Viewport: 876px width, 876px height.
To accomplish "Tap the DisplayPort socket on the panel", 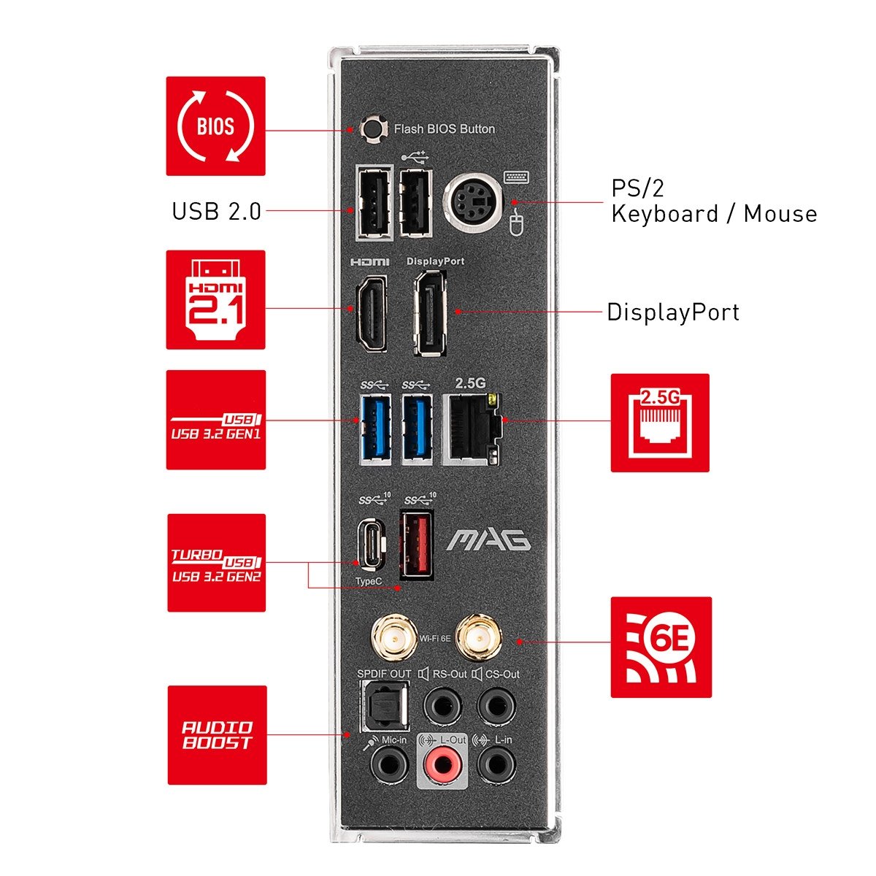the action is (430, 313).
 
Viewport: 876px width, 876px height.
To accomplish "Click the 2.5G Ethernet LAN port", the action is (472, 429).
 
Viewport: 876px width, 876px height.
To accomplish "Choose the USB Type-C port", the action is (371, 544).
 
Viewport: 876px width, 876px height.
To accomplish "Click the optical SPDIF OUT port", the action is (384, 707).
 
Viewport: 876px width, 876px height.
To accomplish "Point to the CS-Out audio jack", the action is (496, 707).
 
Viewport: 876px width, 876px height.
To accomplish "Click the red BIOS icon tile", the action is (215, 126).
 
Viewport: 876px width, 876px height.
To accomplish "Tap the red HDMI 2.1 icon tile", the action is (215, 299).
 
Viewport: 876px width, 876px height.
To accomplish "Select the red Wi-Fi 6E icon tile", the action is (661, 648).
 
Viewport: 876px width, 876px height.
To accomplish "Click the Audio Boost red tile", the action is (217, 735).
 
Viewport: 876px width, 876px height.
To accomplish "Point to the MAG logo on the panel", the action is (488, 541).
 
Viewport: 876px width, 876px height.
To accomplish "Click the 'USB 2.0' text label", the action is (216, 211).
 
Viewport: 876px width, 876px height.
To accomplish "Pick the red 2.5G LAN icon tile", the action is (660, 423).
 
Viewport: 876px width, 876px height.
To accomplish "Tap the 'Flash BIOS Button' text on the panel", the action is (444, 129).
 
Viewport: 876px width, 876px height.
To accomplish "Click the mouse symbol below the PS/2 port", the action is (515, 223).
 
